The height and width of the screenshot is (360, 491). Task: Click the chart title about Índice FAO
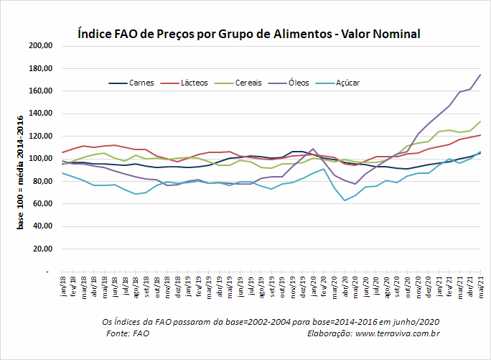(x=249, y=34)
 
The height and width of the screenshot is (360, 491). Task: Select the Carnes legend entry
(x=131, y=83)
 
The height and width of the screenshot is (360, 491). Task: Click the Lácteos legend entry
(x=184, y=83)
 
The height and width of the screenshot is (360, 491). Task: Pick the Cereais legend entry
(x=238, y=83)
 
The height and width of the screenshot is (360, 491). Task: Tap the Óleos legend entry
(x=289, y=83)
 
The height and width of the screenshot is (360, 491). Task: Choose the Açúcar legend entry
(x=337, y=83)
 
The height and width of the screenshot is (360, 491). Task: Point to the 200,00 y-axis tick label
(x=41, y=45)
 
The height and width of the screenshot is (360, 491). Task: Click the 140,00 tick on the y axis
(x=41, y=114)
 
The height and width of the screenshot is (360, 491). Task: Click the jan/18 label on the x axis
(x=62, y=286)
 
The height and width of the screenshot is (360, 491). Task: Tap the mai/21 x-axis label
(x=481, y=287)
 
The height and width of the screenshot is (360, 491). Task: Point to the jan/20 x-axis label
(x=314, y=286)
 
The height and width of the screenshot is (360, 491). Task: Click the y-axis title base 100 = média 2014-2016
(x=20, y=172)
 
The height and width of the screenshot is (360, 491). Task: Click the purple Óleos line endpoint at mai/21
(x=481, y=75)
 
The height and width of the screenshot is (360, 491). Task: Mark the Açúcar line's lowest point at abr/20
(x=345, y=200)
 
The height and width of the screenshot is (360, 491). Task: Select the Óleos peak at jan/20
(x=313, y=149)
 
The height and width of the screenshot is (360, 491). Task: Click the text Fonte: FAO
(x=128, y=333)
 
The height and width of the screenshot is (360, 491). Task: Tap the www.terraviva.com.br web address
(x=398, y=333)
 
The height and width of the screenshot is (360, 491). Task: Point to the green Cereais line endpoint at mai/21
(x=481, y=121)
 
